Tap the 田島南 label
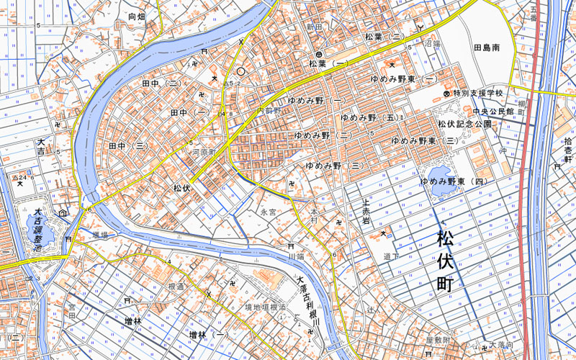click(x=491, y=48)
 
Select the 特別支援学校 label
click(x=477, y=94)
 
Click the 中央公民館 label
click(x=493, y=112)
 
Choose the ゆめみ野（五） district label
click(x=369, y=117)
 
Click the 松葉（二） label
click(x=385, y=36)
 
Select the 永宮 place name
click(x=269, y=212)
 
